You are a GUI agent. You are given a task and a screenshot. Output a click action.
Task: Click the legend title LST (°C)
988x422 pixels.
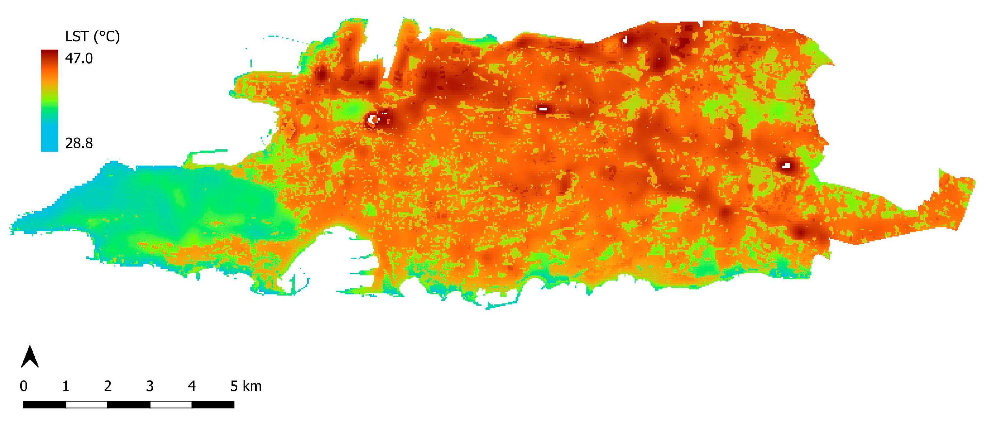pos(93,37)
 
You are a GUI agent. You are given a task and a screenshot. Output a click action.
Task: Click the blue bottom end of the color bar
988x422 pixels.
pos(49,147)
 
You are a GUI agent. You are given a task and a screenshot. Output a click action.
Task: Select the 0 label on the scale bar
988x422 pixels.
pos(24,386)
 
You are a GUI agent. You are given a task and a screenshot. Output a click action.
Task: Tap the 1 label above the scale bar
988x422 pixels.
pos(66,386)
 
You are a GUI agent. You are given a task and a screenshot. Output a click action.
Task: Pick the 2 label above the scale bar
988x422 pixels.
pos(108,386)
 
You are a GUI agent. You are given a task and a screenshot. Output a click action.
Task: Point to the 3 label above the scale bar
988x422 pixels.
pos(150,386)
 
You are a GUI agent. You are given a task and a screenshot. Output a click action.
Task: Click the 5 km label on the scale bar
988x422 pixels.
pos(246,386)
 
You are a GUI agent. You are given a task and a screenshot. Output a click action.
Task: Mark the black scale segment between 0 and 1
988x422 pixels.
pos(44,404)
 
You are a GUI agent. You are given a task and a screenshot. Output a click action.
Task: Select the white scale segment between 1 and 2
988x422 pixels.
pos(87,404)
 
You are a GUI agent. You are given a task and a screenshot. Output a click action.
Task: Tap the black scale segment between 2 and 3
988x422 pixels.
pos(129,404)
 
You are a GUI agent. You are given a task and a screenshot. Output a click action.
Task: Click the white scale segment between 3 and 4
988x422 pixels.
pos(171,404)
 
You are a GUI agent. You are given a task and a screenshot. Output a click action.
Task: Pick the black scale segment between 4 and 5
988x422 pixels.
pos(213,404)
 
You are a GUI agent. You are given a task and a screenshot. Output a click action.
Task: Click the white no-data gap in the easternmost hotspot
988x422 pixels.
pos(786,166)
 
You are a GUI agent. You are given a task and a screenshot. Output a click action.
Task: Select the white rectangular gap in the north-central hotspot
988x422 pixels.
pos(543,109)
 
